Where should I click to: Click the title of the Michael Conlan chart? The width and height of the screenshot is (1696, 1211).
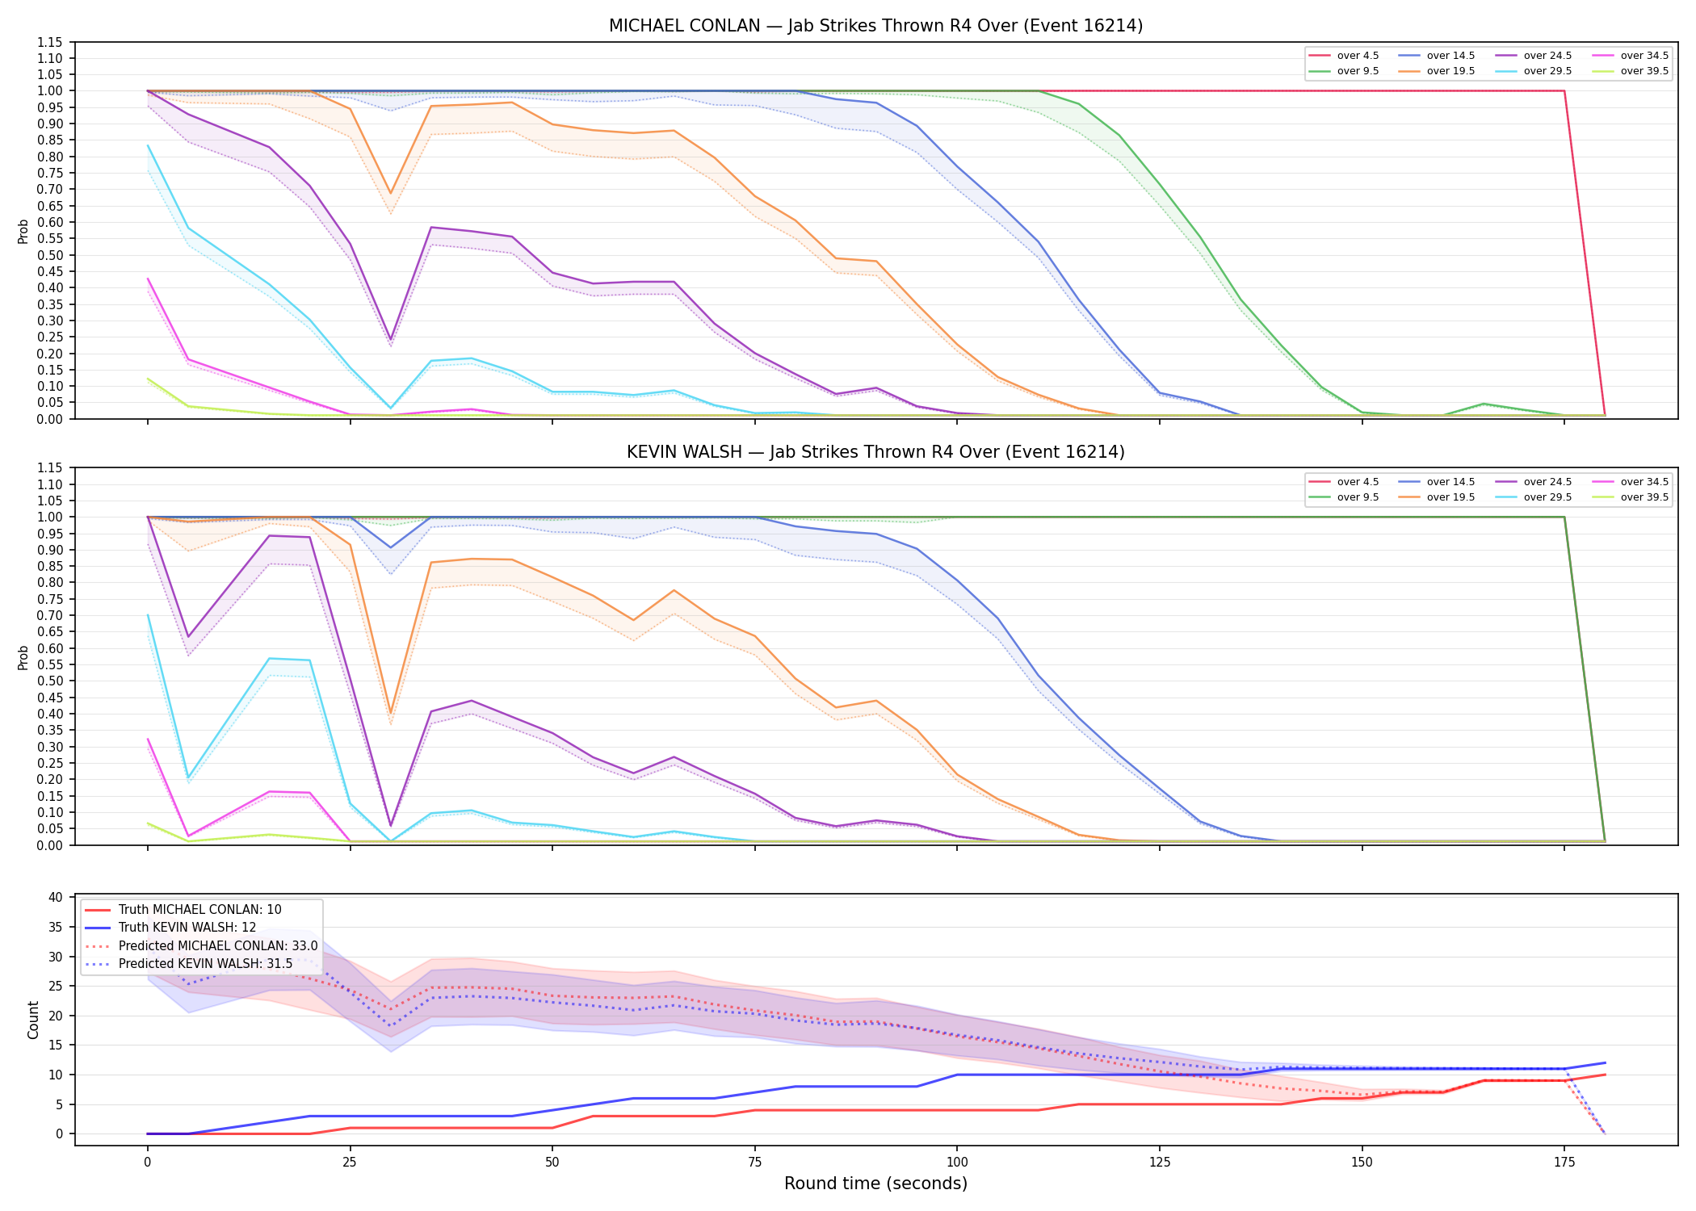click(x=875, y=26)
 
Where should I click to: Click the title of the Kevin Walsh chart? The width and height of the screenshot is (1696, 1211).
click(x=875, y=452)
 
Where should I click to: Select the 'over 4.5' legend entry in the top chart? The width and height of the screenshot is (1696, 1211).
click(x=1344, y=56)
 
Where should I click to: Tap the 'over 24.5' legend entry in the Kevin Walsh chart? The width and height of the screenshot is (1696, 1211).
click(x=1533, y=482)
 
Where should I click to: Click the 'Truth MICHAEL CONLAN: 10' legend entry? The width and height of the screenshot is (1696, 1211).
click(x=183, y=910)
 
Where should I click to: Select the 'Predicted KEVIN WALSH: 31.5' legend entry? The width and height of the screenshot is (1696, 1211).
click(x=189, y=963)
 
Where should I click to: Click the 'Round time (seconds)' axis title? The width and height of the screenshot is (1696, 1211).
click(x=875, y=1184)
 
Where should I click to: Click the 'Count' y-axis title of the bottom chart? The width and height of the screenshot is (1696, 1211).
click(x=33, y=1020)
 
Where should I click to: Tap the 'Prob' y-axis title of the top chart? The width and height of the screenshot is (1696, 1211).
click(x=23, y=231)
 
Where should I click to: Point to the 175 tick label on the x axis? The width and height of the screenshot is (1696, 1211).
click(x=1564, y=1163)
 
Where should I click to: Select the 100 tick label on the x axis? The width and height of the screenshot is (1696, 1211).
click(x=957, y=1163)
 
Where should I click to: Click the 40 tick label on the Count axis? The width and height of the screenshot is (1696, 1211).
click(x=56, y=897)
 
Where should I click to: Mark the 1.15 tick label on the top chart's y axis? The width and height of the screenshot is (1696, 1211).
click(x=49, y=42)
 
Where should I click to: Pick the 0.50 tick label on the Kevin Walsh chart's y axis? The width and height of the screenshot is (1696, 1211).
click(x=49, y=681)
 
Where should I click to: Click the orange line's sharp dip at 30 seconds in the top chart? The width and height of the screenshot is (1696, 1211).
click(x=391, y=194)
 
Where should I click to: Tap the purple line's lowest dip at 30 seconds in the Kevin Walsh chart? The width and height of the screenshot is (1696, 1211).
click(x=391, y=826)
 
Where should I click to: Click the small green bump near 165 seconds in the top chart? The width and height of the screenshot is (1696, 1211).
click(x=1484, y=404)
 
